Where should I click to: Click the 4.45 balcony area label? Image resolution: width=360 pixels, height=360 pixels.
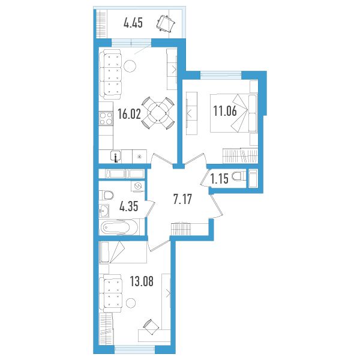(x=133, y=23)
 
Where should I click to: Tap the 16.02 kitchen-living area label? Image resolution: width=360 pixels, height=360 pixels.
(x=129, y=114)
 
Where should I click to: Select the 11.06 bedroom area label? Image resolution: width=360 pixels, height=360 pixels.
(x=225, y=111)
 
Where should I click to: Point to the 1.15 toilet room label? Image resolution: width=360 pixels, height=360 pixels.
(x=220, y=179)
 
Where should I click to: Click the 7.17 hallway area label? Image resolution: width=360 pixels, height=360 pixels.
(x=182, y=199)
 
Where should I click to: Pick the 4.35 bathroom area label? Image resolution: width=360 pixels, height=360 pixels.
(x=129, y=206)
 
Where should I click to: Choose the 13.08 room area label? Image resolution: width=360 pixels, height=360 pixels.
(x=142, y=281)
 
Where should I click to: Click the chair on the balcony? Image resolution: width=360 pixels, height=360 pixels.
(x=166, y=23)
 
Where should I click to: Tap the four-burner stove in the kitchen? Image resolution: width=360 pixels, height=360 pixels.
(x=106, y=118)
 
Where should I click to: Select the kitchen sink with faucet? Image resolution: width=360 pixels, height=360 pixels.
(x=116, y=157)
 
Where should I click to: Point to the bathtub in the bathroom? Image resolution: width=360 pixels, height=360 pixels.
(x=119, y=227)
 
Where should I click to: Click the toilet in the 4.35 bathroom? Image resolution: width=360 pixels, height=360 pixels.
(x=107, y=195)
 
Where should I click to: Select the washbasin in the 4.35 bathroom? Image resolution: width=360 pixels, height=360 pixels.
(x=104, y=211)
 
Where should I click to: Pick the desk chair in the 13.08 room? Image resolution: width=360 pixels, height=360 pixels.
(x=151, y=327)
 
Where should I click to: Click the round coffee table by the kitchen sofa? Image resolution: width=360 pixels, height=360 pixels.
(x=130, y=66)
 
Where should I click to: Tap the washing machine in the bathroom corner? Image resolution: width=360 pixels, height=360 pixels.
(x=138, y=186)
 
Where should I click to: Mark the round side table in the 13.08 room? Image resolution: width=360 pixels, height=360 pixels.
(x=131, y=303)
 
